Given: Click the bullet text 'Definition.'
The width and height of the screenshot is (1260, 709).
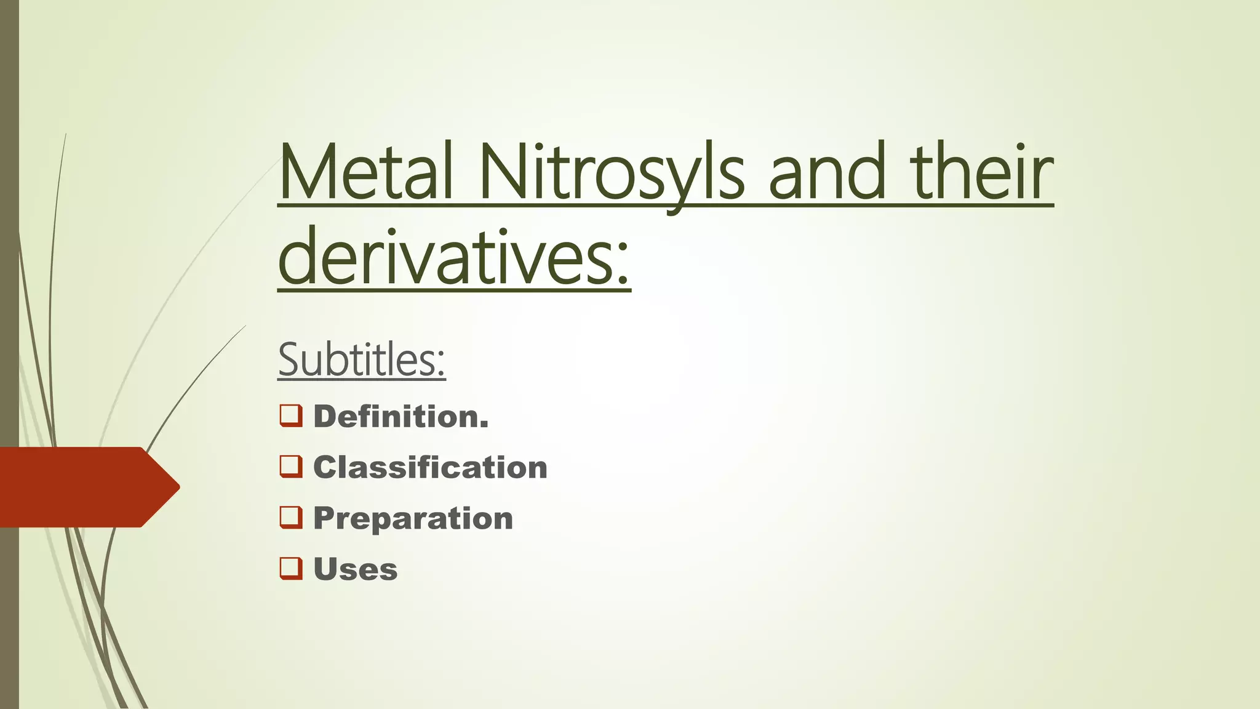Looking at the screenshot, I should (x=401, y=417).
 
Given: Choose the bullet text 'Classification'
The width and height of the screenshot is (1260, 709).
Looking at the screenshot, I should (x=430, y=468).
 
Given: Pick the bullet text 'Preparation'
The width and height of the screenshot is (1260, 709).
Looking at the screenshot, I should (x=413, y=518).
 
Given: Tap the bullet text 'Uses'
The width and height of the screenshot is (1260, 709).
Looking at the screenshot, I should (x=355, y=569).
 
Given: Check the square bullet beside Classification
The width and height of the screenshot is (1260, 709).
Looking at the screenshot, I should (x=291, y=467).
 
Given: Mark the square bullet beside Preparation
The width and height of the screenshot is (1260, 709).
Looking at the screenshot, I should (x=291, y=518).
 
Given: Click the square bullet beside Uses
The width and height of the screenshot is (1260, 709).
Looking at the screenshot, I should (x=291, y=568).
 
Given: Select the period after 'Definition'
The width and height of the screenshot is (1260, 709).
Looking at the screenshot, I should (x=484, y=425).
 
